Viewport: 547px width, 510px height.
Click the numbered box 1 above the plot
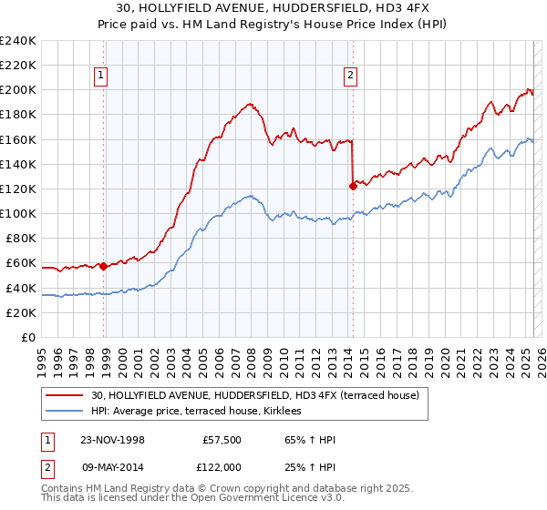tap(100, 76)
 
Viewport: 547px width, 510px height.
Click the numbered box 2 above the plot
tap(351, 76)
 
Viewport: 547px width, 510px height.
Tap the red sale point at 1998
tap(104, 266)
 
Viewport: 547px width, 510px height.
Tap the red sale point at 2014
tap(353, 186)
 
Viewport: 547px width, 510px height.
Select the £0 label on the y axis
tap(30, 337)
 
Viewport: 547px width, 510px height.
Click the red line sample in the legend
tap(66, 395)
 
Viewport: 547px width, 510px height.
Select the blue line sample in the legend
tap(66, 411)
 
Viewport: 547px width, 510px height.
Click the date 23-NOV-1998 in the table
tap(113, 440)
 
